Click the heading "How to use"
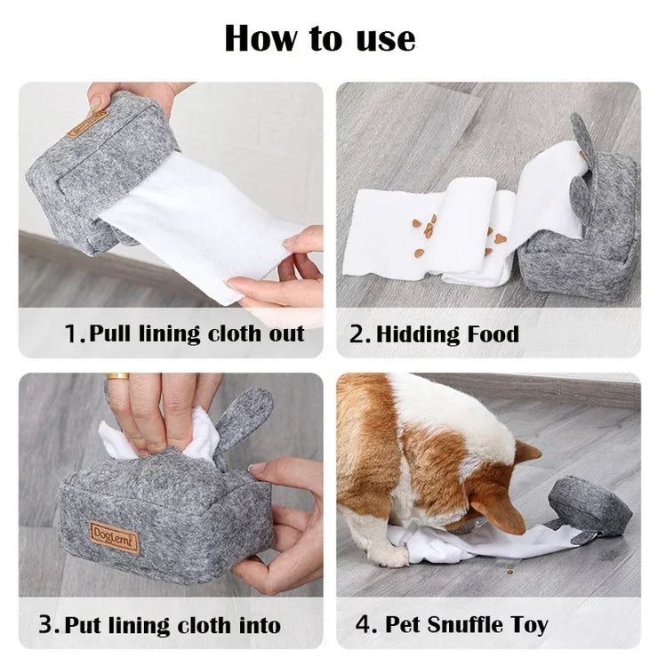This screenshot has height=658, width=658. [x=319, y=38]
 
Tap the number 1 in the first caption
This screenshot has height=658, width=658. [x=73, y=335]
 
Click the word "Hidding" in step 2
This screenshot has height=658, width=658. [x=416, y=335]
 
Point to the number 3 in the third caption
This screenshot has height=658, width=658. [x=46, y=624]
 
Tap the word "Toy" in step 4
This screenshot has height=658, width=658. [x=528, y=624]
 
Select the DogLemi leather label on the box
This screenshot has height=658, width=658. [x=114, y=537]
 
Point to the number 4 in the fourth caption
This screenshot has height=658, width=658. [x=365, y=624]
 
